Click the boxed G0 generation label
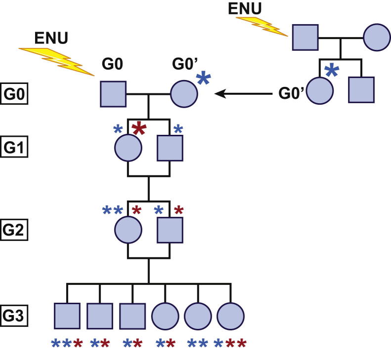pos(14,94)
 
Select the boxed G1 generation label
pos(14,147)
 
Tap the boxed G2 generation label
pos(14,230)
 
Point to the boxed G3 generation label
pos(14,314)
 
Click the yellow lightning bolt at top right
pos(262,27)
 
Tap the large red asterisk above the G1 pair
pos(139,130)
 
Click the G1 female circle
pos(128,147)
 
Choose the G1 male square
pos(170,147)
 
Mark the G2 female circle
pos(128,230)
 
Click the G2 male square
pos(170,230)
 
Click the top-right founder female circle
pos(377,37)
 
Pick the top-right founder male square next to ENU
pos(305,37)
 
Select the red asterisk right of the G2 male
pos(179,210)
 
